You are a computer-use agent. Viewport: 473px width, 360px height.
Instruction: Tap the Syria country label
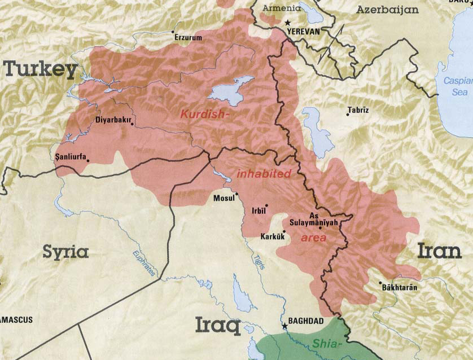(65, 252)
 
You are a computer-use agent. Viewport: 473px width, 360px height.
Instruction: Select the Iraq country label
(218, 326)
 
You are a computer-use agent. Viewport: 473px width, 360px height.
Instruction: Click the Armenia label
(282, 9)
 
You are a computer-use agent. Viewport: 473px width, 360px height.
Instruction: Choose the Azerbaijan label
(387, 10)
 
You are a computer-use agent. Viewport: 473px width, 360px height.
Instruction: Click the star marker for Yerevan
(286, 23)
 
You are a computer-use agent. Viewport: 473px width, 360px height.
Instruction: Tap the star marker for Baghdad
(284, 326)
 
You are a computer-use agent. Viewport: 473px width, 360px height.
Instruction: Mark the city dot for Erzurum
(173, 32)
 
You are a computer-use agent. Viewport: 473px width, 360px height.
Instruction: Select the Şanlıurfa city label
(70, 157)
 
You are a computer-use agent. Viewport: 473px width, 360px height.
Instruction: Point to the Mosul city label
(224, 198)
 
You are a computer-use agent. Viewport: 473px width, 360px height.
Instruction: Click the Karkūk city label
(271, 236)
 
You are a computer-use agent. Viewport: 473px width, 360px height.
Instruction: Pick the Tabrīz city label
(358, 109)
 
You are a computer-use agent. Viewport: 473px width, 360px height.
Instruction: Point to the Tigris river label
(258, 258)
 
